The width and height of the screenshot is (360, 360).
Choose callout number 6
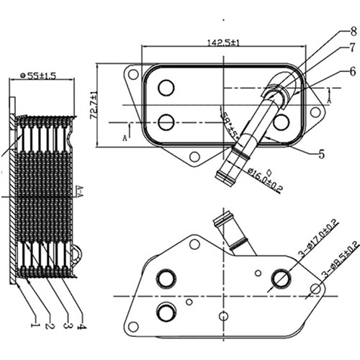pyautogui.click(x=333, y=71)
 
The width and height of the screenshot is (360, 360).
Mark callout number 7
pyautogui.click(x=333, y=48)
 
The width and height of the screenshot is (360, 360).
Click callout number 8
pyautogui.click(x=333, y=31)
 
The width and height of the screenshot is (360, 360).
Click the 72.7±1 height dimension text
pyautogui.click(x=94, y=104)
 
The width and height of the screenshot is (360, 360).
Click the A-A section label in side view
pyautogui.click(x=79, y=190)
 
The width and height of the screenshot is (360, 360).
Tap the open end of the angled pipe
pyautogui.click(x=220, y=176)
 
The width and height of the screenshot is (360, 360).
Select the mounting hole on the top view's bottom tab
pyautogui.click(x=194, y=156)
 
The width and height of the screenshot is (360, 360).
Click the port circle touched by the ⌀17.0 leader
pyautogui.click(x=280, y=278)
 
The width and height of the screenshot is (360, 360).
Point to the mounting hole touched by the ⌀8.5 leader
pyautogui.click(x=315, y=289)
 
